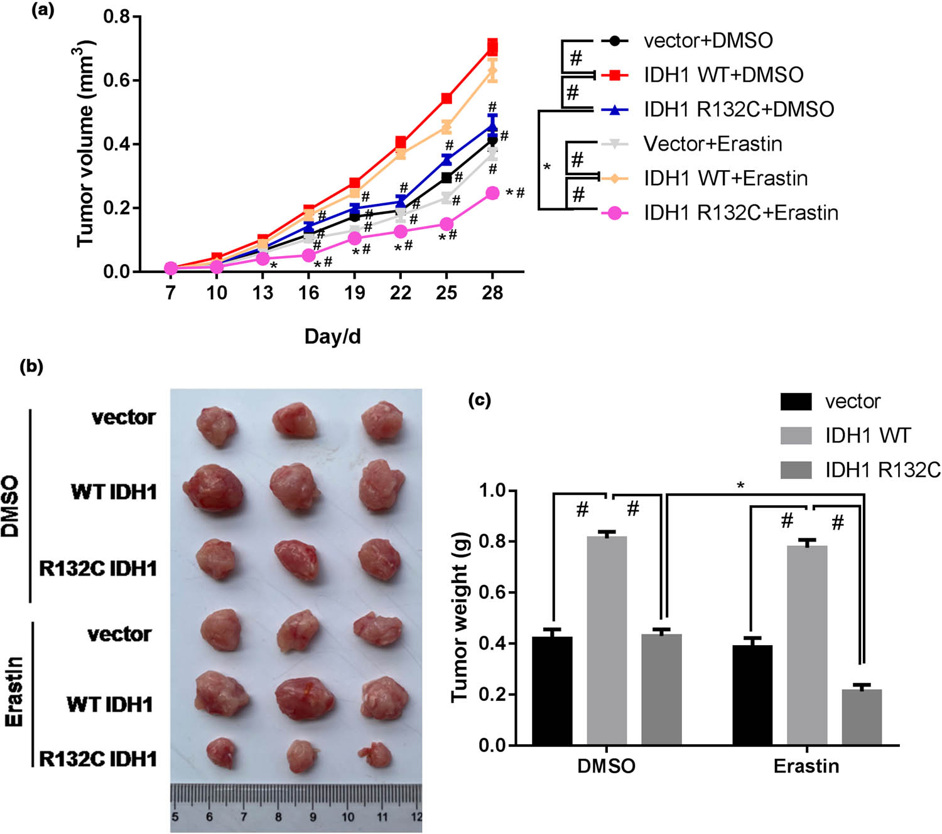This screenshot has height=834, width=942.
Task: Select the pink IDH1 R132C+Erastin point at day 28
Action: pos(492,193)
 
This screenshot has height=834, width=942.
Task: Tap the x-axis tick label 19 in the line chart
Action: pos(355,292)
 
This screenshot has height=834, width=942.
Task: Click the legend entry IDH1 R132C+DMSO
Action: pos(739,110)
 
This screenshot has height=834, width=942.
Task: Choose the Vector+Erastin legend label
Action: pos(713,144)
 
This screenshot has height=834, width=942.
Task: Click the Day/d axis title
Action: pos(332,336)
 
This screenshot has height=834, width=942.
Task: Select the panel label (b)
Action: pos(31,367)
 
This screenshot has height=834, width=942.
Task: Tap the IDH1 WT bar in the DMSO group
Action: pos(607,640)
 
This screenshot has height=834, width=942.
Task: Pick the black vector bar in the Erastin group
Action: pos(752,695)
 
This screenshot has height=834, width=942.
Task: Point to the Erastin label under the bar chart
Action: pos(806,766)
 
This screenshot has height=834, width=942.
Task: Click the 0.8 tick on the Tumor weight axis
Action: pos(493,542)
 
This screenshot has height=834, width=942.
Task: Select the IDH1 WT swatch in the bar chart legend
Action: pos(796,436)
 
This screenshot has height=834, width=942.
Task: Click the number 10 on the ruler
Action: pos(347,817)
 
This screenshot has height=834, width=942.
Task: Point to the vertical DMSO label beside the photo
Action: pos(11,506)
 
